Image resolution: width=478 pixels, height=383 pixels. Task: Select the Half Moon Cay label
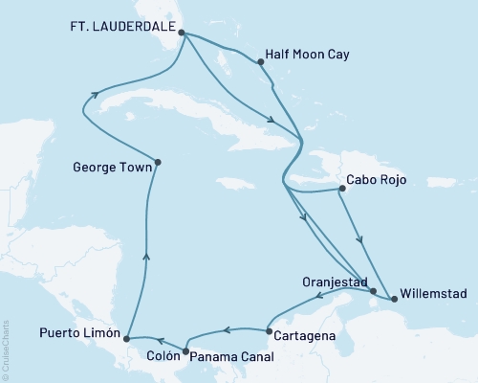[308, 56]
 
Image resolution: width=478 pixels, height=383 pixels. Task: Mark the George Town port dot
[157, 162]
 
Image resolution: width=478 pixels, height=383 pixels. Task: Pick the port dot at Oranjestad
[374, 291]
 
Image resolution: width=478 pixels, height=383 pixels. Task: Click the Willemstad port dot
[394, 299]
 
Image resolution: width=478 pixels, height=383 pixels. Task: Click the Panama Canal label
[231, 356]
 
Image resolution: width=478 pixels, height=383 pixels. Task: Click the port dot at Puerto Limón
[127, 336]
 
